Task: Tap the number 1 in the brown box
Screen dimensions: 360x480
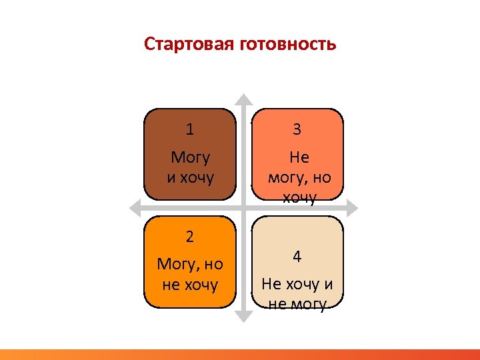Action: (190, 129)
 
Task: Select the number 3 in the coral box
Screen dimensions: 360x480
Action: (297, 129)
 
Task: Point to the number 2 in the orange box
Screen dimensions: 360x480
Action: (190, 236)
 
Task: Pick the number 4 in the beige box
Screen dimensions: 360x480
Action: (297, 257)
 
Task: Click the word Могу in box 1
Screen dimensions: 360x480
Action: (190, 158)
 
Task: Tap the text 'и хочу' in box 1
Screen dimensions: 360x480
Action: (190, 178)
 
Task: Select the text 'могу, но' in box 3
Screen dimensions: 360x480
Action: (299, 178)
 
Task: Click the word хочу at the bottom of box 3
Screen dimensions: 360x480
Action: (299, 197)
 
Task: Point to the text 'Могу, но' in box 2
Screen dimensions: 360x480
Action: (190, 265)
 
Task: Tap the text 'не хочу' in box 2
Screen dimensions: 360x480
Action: (190, 285)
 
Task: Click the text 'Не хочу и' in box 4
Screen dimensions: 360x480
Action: (297, 285)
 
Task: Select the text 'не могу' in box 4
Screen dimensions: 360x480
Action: (297, 305)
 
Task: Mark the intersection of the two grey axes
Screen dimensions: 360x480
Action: (244, 206)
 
